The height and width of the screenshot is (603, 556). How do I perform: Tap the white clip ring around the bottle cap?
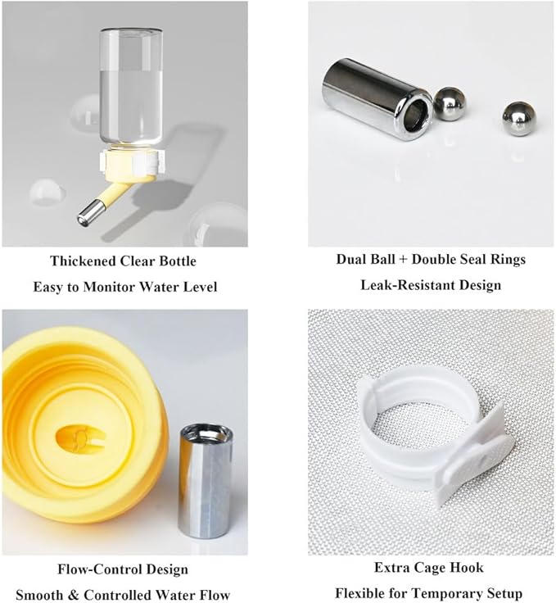(133, 162)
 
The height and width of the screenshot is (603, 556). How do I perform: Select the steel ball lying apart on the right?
(518, 119)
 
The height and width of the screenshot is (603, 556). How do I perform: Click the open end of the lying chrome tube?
(417, 116)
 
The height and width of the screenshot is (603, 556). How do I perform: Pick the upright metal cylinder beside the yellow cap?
(206, 481)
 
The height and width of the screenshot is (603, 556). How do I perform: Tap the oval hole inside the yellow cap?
(80, 438)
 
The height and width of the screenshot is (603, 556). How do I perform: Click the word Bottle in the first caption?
(178, 261)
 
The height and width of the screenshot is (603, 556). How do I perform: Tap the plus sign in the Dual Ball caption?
(403, 260)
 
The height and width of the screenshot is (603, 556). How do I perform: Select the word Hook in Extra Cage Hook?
(467, 568)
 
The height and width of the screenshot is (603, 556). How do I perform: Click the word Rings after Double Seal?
(507, 260)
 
